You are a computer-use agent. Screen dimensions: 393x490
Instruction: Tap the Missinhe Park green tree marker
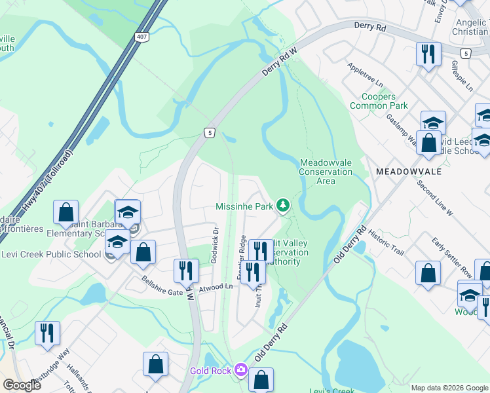click(282, 206)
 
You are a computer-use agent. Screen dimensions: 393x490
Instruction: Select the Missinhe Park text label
click(244, 206)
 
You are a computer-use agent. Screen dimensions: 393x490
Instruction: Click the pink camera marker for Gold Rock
click(240, 371)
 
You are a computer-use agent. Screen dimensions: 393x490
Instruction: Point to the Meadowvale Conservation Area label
click(326, 172)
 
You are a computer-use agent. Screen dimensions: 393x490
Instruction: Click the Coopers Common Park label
click(379, 101)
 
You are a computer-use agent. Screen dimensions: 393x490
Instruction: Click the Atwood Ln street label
click(217, 286)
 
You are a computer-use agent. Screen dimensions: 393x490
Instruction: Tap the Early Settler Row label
click(452, 257)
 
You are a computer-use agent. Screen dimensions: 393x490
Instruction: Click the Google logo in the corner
click(22, 385)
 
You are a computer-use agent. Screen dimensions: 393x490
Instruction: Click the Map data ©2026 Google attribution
click(449, 388)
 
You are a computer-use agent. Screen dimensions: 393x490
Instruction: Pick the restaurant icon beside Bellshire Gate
click(185, 269)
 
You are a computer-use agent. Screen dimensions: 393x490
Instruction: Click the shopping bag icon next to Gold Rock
click(261, 379)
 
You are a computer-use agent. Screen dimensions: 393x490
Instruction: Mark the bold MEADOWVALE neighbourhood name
click(409, 171)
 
